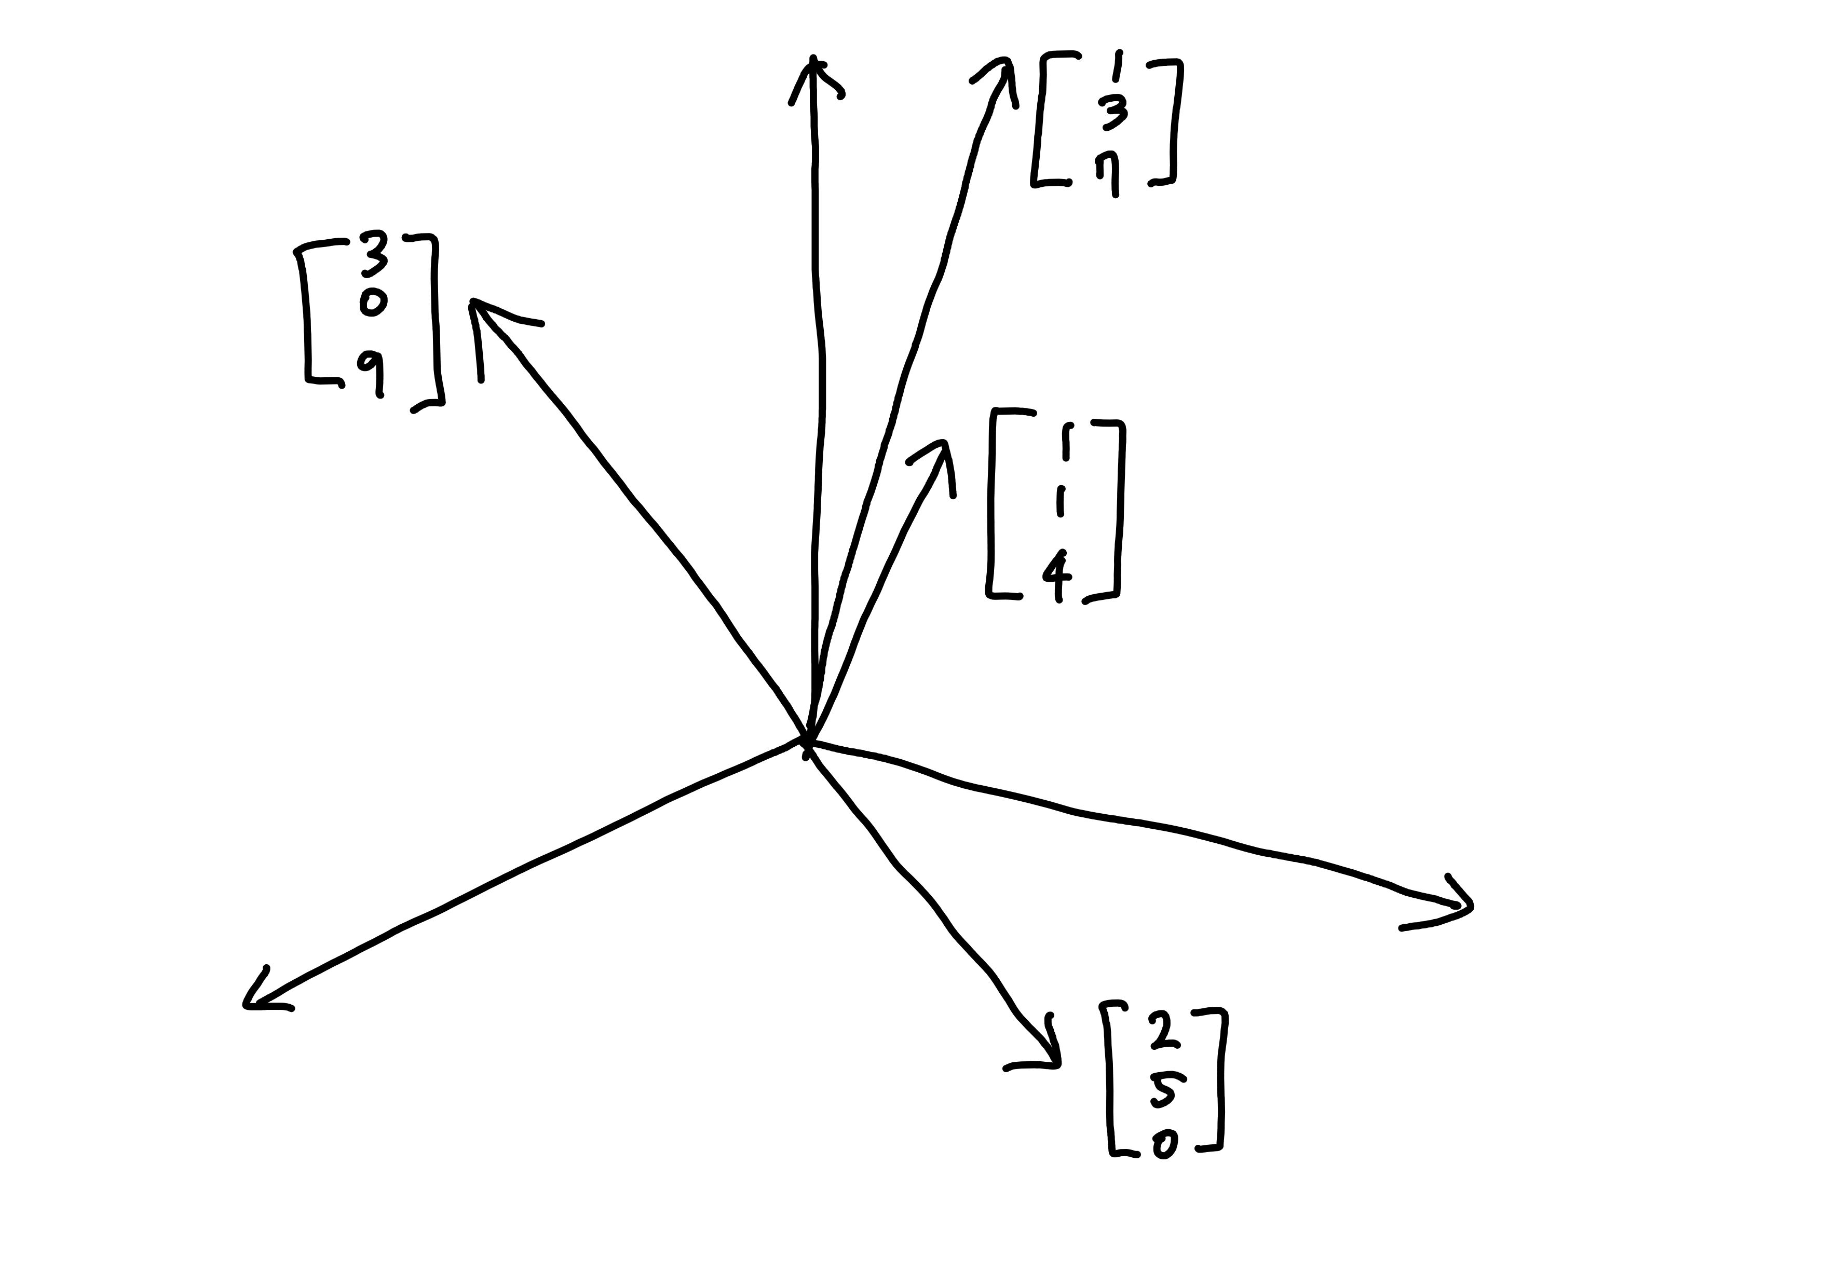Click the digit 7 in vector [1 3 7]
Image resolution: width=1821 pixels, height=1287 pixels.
click(1109, 173)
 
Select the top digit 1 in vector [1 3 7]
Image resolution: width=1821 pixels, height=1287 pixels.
click(1118, 66)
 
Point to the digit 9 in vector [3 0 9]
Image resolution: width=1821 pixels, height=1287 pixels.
click(373, 371)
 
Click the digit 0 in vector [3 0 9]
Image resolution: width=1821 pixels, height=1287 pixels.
click(373, 302)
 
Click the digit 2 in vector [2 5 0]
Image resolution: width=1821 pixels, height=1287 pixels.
click(1161, 1030)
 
